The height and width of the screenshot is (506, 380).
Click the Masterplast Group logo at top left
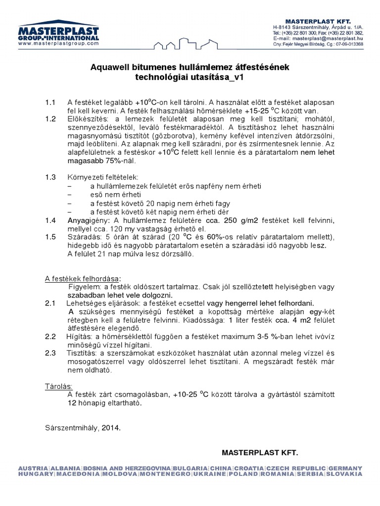point(58,31)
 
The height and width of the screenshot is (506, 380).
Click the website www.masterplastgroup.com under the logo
point(58,43)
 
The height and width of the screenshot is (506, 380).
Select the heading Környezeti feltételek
point(103,177)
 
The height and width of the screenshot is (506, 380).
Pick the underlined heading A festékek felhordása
point(83,279)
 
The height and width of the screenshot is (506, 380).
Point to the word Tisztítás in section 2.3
point(82,353)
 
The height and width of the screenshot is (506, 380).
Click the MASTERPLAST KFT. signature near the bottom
point(260,452)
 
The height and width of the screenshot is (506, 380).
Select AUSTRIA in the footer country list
point(33,468)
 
